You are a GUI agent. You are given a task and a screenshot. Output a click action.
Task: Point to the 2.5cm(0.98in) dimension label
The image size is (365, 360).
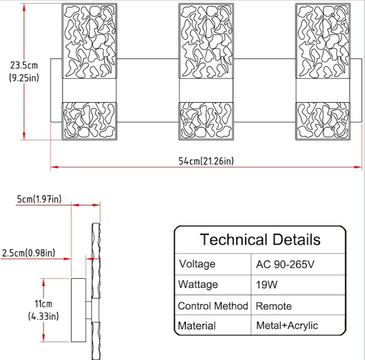pos(28,252)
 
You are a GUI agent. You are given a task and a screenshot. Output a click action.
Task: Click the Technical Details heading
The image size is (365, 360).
pos(260,239)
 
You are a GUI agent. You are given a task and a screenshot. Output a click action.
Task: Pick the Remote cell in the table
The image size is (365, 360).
pos(274,306)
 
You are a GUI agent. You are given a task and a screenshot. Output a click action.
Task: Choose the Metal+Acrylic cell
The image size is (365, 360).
pos(287,325)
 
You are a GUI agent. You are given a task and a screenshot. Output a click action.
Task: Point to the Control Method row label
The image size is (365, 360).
pos(213,306)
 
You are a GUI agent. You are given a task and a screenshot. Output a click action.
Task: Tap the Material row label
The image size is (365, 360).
pos(197,326)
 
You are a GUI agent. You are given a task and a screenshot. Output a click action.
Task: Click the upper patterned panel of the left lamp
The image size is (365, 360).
pos(89,41)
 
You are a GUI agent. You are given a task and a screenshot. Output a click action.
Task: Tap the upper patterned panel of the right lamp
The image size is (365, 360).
pos(323,41)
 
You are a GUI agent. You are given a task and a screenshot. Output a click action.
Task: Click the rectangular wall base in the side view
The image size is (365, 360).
pos(78,310)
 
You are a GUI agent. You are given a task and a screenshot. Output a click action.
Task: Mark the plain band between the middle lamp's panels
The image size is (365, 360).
pos(206,90)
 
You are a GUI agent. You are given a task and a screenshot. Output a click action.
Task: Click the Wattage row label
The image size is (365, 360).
pos(198,284)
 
